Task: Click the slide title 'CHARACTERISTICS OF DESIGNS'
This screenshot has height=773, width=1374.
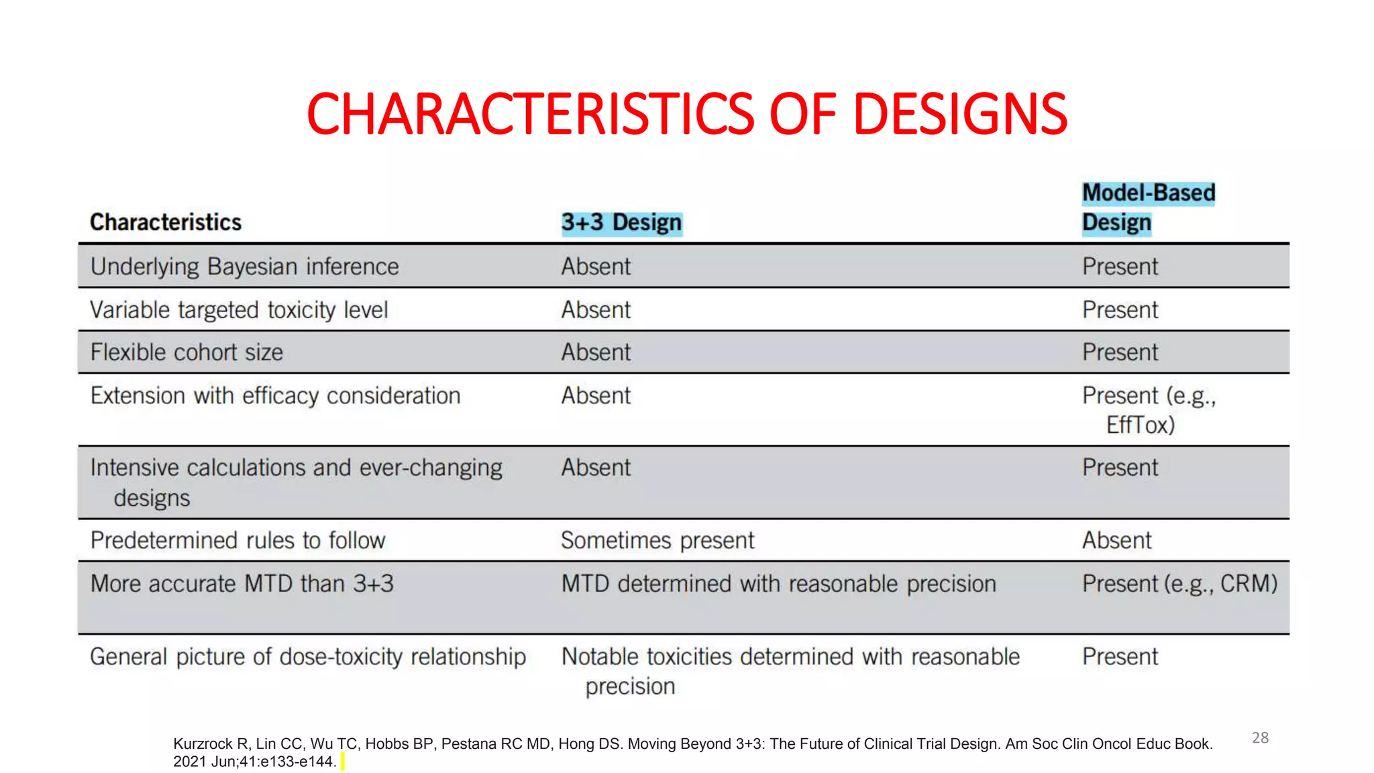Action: pyautogui.click(x=686, y=114)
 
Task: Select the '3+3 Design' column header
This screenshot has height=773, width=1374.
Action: pyautogui.click(x=621, y=223)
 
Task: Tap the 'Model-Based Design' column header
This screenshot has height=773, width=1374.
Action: pyautogui.click(x=1148, y=207)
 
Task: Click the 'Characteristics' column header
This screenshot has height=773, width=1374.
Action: pyautogui.click(x=166, y=222)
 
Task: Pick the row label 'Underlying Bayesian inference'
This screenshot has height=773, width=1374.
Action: pyautogui.click(x=245, y=266)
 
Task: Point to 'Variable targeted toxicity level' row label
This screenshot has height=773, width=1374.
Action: pyautogui.click(x=239, y=310)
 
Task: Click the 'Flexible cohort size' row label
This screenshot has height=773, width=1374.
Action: pyautogui.click(x=187, y=352)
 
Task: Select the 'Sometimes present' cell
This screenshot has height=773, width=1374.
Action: pyautogui.click(x=657, y=540)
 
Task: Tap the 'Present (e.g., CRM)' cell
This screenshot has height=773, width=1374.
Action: pyautogui.click(x=1179, y=584)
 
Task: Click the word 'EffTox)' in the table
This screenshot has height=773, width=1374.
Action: pyautogui.click(x=1141, y=425)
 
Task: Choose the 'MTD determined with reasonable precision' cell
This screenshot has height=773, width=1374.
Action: pyautogui.click(x=778, y=584)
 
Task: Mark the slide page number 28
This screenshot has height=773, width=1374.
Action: pyautogui.click(x=1260, y=737)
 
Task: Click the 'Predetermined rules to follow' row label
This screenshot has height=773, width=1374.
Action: pyautogui.click(x=237, y=540)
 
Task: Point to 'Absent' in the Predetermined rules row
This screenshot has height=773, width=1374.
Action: pyautogui.click(x=1116, y=540)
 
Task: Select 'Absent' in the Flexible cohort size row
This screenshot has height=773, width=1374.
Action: pyautogui.click(x=596, y=352)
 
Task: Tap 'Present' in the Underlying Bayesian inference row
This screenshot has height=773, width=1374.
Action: pyautogui.click(x=1120, y=266)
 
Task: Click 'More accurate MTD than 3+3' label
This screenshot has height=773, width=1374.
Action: pyautogui.click(x=242, y=584)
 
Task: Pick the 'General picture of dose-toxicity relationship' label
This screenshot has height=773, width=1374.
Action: pyautogui.click(x=308, y=656)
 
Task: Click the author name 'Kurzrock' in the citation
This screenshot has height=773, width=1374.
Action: pyautogui.click(x=203, y=743)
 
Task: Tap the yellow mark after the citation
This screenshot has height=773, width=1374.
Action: pyautogui.click(x=342, y=762)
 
